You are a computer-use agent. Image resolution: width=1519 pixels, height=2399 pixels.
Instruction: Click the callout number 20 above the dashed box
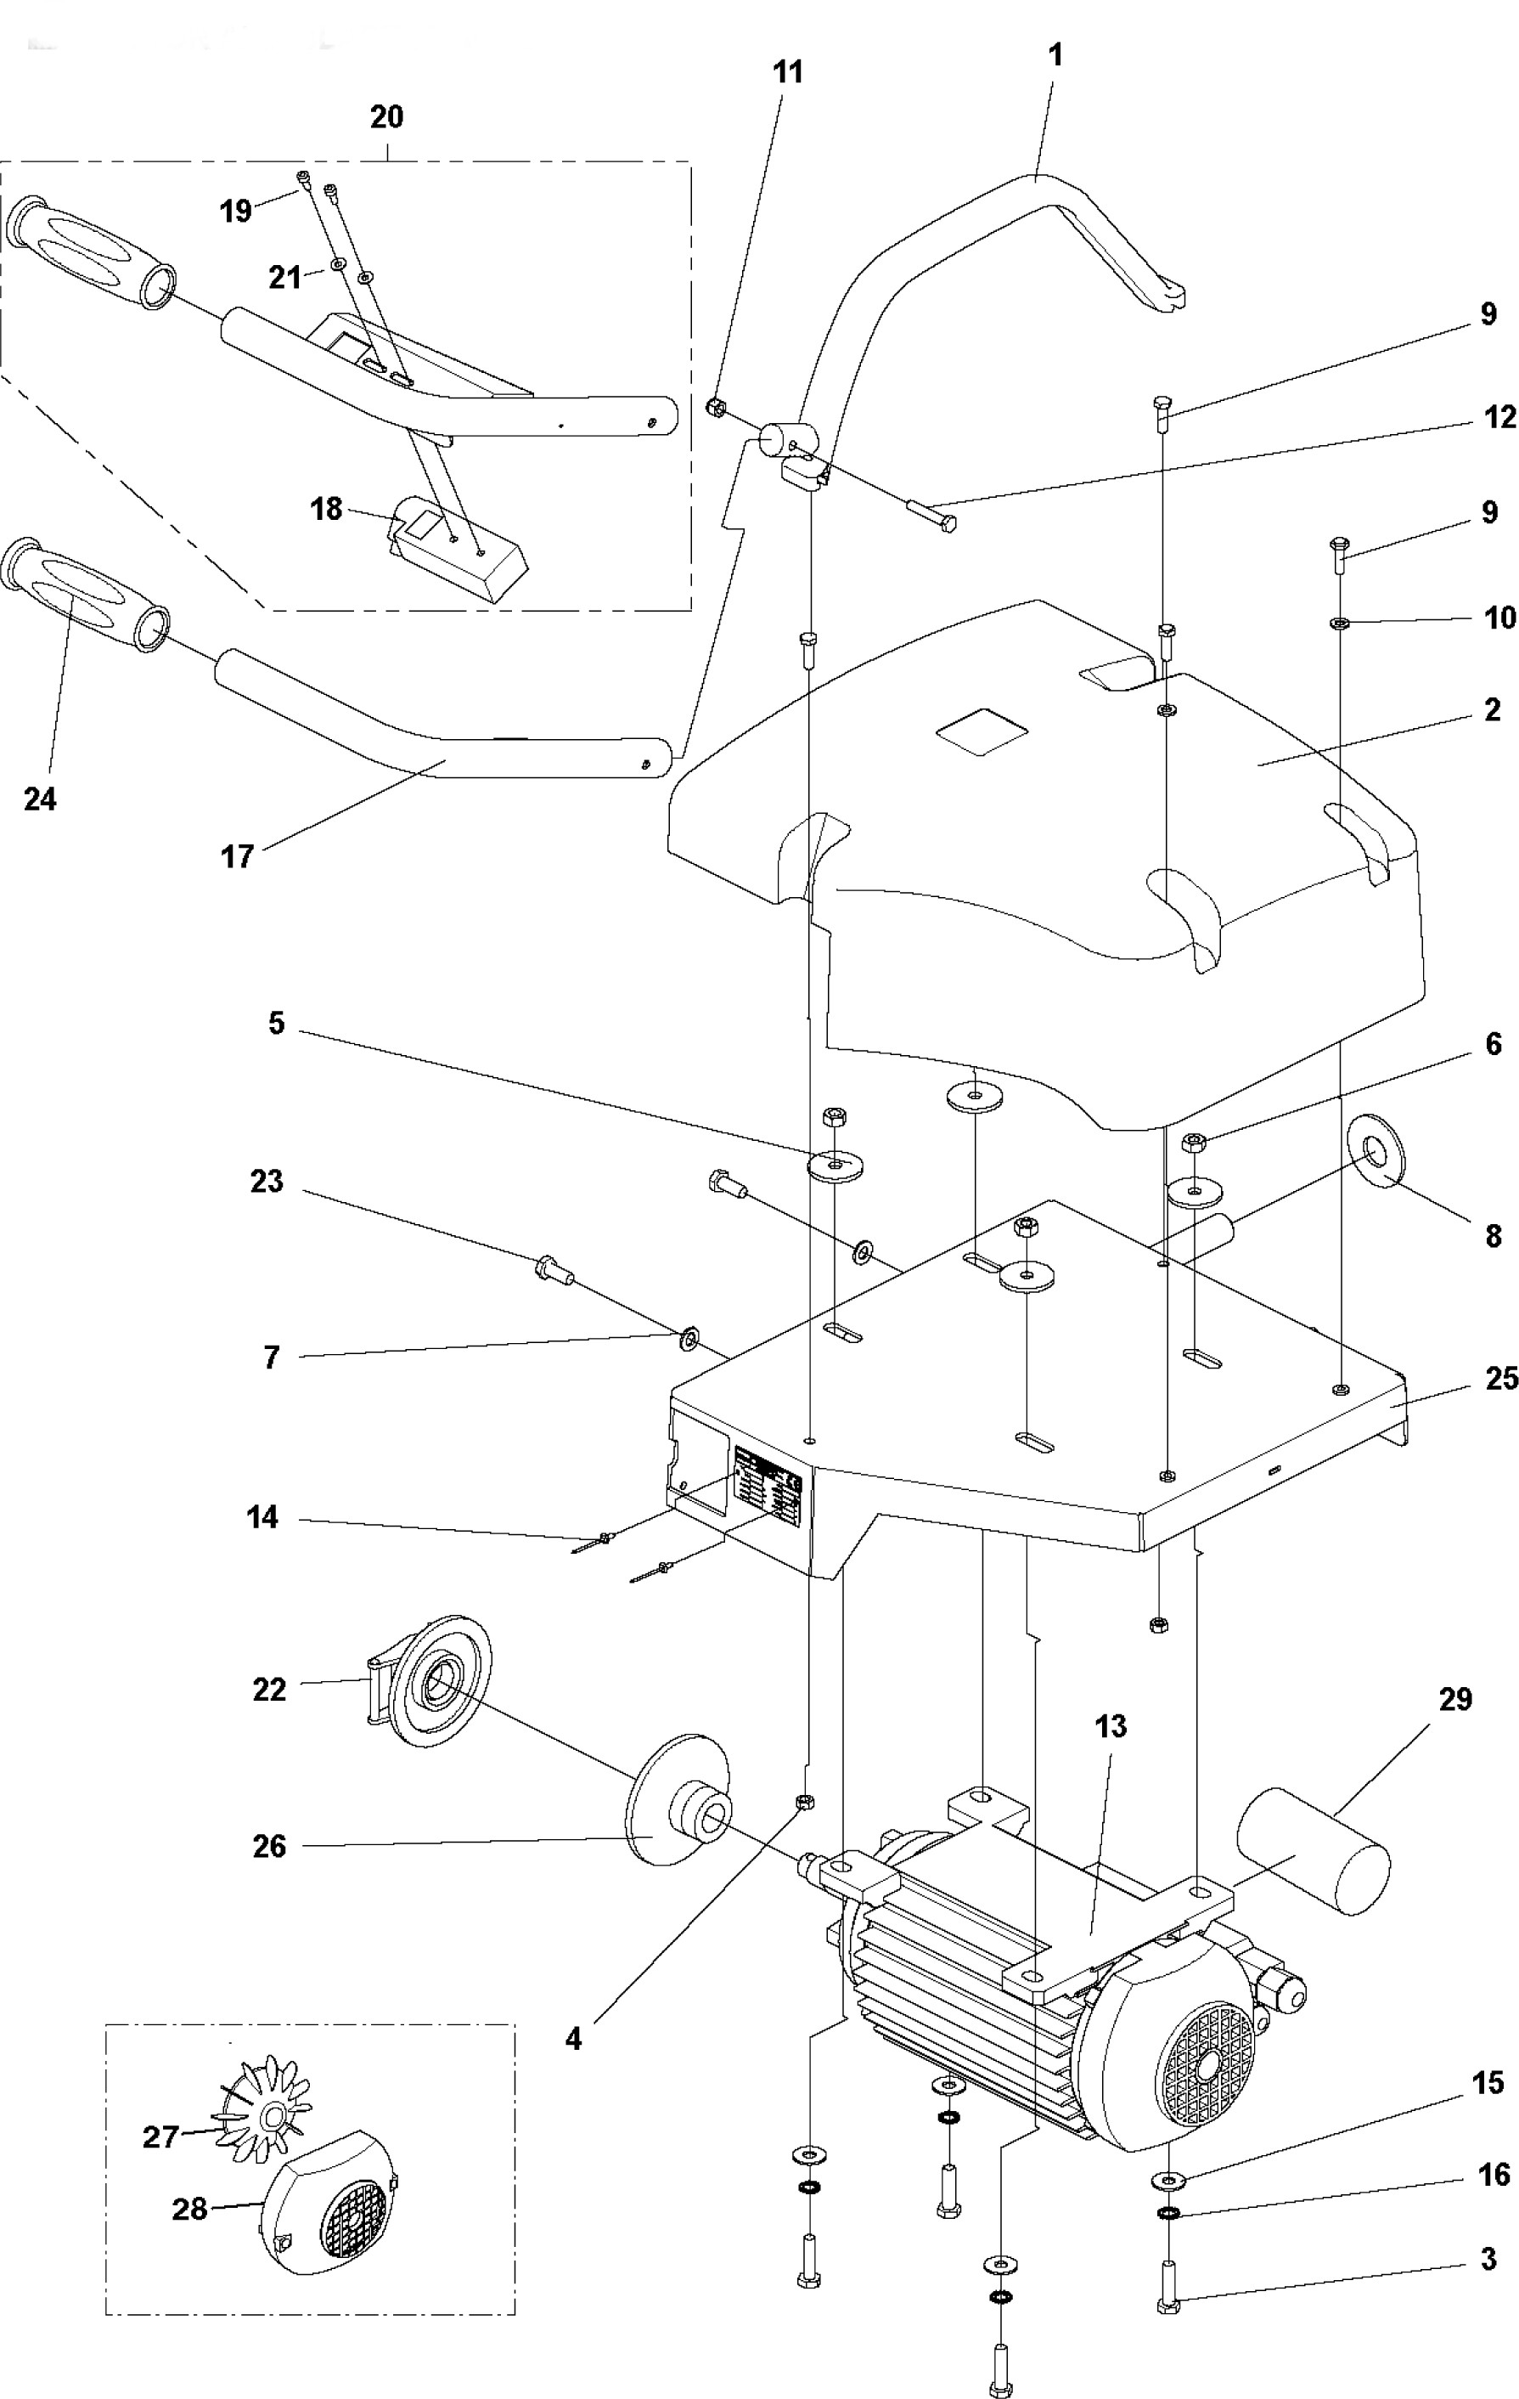[x=386, y=116]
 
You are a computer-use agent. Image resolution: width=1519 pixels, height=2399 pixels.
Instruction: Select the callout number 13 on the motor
[x=1110, y=1726]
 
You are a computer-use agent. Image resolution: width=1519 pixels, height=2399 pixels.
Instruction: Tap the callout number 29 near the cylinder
[x=1455, y=1699]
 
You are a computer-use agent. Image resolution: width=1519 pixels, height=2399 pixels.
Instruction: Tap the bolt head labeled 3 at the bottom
[x=1169, y=2305]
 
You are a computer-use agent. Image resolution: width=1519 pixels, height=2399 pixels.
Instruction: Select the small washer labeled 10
[x=1340, y=624]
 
